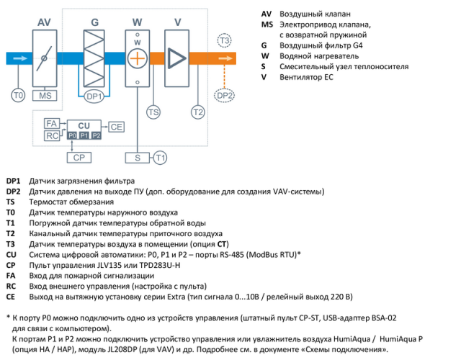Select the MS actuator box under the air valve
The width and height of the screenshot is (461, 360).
(x=46, y=95)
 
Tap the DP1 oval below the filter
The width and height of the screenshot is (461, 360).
(x=94, y=95)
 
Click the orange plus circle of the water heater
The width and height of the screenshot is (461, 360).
(x=136, y=58)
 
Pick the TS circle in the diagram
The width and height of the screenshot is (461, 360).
(x=153, y=112)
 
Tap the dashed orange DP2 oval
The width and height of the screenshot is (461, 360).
(x=225, y=95)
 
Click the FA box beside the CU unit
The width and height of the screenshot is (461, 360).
(x=51, y=124)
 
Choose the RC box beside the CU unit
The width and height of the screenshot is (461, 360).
(x=51, y=135)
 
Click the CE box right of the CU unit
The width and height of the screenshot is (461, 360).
(x=117, y=127)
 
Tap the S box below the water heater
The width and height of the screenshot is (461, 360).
(x=136, y=156)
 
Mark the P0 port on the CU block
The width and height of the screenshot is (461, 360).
(x=71, y=135)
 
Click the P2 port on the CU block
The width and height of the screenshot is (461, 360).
(x=96, y=135)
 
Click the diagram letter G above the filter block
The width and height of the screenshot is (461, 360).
(x=94, y=23)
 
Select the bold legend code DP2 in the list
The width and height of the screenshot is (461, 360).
(x=14, y=191)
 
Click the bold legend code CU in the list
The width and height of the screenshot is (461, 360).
(x=11, y=254)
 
